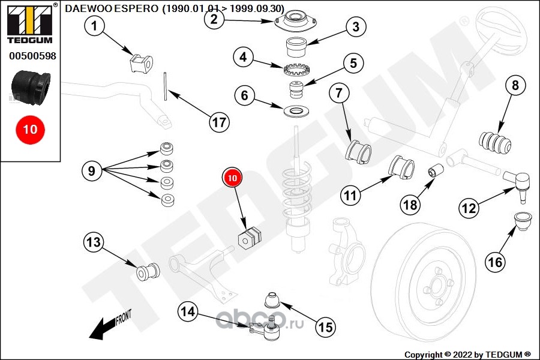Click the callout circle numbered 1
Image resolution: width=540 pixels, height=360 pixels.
(x=94, y=25)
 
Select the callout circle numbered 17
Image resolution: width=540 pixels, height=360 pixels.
(x=220, y=122)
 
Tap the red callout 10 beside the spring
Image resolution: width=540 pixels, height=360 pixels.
(x=232, y=178)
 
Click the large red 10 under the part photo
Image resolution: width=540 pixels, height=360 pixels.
(x=30, y=130)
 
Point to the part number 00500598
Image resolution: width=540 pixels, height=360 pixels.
(x=32, y=56)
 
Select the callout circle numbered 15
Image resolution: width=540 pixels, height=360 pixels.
(x=326, y=327)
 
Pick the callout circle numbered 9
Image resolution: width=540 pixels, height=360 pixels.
(x=92, y=170)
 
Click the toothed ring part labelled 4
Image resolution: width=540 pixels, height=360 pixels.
(x=296, y=70)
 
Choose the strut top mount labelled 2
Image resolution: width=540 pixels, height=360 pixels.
(x=296, y=22)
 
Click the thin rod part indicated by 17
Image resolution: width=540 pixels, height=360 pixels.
(x=166, y=86)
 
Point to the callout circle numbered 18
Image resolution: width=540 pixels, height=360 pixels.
(x=410, y=205)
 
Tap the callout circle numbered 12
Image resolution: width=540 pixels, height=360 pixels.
(x=469, y=208)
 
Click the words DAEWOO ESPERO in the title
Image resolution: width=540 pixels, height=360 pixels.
(x=112, y=8)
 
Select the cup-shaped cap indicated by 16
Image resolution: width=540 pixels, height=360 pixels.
(x=523, y=221)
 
